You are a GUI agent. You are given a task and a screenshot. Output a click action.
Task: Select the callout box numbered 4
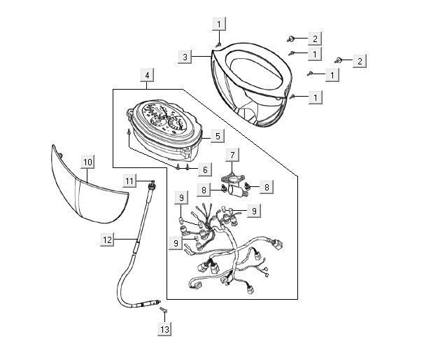pos(147,75)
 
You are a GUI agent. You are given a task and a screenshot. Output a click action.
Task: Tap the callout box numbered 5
pos(218,137)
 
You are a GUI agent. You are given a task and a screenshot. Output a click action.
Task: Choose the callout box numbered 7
pos(231,153)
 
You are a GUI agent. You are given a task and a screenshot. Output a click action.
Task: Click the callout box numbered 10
pos(87,162)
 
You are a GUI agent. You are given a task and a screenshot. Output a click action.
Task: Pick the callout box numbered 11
pos(129,181)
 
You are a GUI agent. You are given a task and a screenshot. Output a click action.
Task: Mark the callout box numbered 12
pos(107,240)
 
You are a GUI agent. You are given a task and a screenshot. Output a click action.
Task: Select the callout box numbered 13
pos(164,329)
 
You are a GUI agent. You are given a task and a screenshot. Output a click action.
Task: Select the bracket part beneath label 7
pos(234,184)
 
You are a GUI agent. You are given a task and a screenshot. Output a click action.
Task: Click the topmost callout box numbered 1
pos(219,25)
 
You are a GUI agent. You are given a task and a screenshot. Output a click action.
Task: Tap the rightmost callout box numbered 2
pos(359,61)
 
